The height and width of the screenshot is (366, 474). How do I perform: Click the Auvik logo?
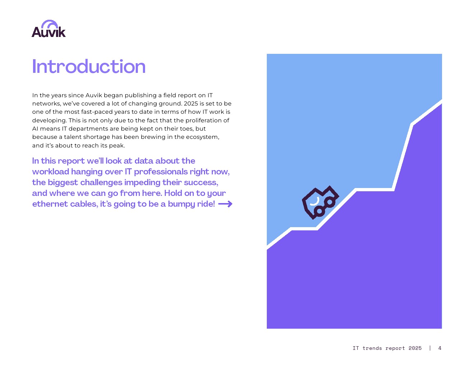point(48,29)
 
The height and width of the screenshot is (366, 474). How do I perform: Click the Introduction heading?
point(89,66)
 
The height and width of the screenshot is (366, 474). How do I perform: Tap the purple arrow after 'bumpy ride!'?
point(225,204)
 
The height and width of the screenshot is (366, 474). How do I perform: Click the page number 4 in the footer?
point(440,348)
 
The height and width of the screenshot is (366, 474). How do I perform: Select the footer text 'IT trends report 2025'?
point(387,348)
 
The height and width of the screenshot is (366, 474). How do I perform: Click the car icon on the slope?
point(320,202)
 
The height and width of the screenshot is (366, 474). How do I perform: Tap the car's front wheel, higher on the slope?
point(330,202)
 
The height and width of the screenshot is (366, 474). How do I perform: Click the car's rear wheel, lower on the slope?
point(319,211)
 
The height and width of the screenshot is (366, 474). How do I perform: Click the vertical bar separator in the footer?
point(430,348)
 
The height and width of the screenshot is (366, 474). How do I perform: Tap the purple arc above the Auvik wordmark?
point(50,24)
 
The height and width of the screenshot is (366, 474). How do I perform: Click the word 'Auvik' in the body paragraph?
point(93,95)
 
